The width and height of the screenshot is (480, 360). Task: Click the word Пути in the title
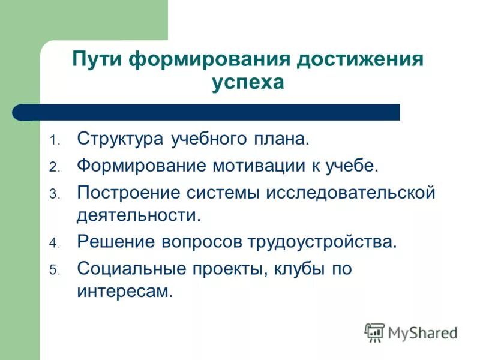point(97,60)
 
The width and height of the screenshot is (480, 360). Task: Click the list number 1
point(53,142)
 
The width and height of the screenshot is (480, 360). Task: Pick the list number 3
point(53,194)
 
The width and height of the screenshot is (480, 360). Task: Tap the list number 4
point(53,244)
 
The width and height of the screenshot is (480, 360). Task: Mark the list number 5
point(53,271)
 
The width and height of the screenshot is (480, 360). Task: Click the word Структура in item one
point(119,140)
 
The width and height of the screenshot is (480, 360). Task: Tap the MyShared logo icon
point(374,332)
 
